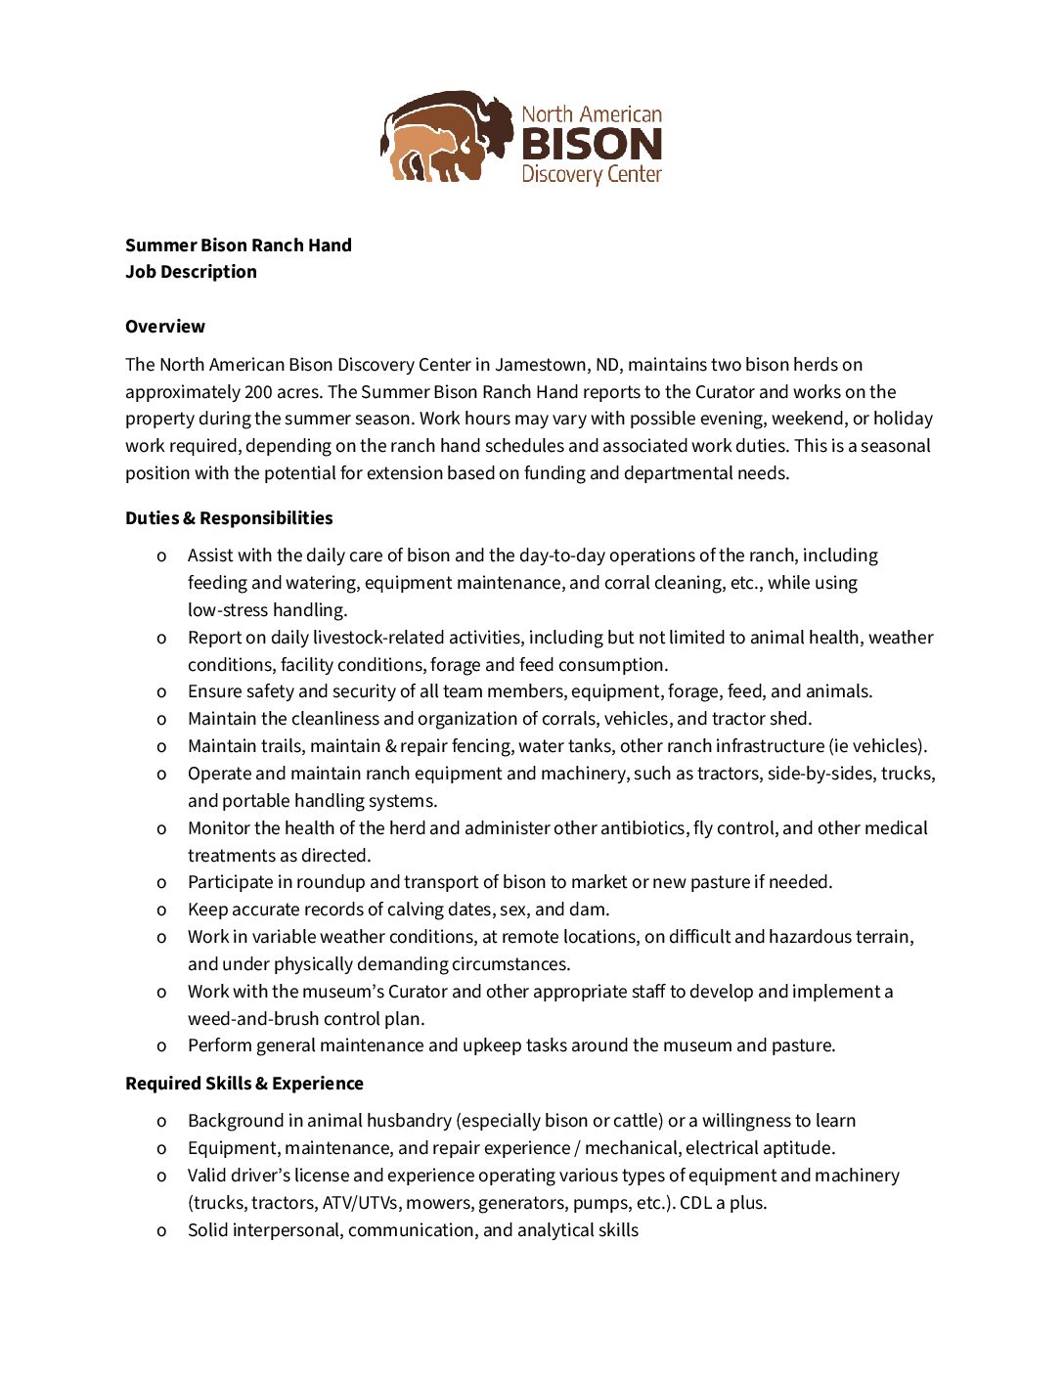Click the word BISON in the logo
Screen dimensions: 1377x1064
tap(592, 145)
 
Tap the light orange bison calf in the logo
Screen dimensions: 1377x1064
tap(423, 152)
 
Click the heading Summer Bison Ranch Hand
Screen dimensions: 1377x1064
tap(238, 245)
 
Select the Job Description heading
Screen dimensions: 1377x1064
tap(191, 272)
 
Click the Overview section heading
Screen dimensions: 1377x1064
tap(164, 327)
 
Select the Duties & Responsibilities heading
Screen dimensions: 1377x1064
tap(229, 518)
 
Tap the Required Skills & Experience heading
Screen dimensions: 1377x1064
tap(244, 1084)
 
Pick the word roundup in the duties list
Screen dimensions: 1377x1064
tap(331, 882)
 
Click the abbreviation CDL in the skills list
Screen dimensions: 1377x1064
tap(695, 1203)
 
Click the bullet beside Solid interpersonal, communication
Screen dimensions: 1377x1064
tap(161, 1231)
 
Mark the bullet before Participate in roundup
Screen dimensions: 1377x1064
tap(161, 883)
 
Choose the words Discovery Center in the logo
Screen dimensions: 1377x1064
tap(592, 175)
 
